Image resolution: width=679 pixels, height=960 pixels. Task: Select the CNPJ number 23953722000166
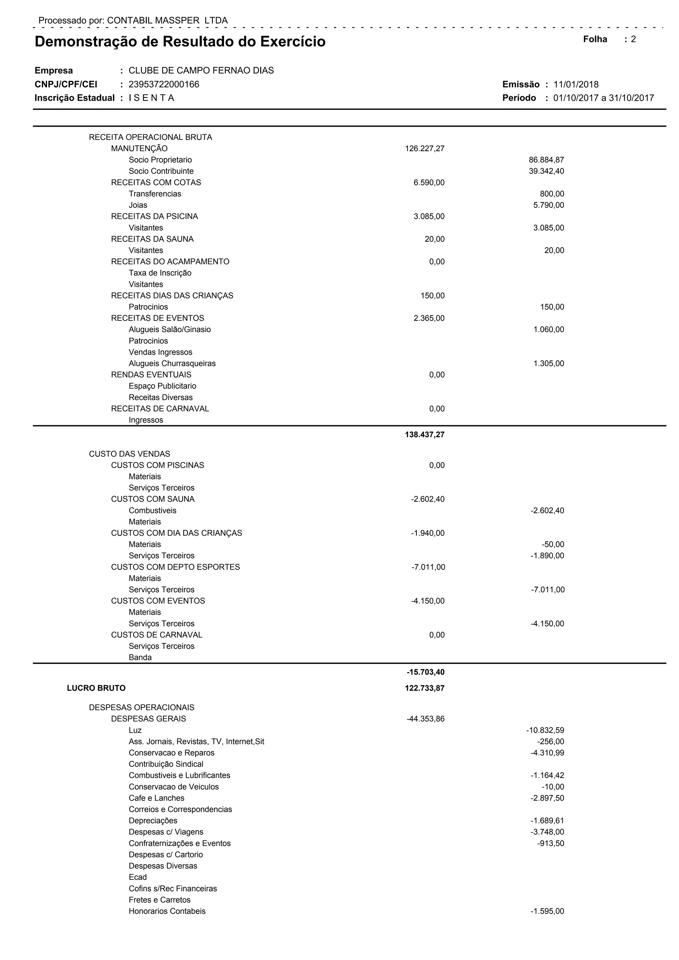coord(164,85)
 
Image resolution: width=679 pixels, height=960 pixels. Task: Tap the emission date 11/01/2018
coord(576,85)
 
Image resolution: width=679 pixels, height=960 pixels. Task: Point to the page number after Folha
coord(634,39)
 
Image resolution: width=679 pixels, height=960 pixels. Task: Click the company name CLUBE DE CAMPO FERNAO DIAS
coord(201,70)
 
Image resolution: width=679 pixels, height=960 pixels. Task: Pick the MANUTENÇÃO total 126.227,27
coord(424,149)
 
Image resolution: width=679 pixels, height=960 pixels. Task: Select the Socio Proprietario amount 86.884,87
coord(546,160)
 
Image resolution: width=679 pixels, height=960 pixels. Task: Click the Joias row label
coord(138,205)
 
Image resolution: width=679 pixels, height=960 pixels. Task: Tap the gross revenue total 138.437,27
coord(424,435)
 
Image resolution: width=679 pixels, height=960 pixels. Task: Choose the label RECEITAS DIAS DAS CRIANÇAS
coord(172,296)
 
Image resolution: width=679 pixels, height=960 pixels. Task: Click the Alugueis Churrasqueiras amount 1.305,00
coord(549,363)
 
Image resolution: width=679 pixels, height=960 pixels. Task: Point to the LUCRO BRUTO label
coord(96,688)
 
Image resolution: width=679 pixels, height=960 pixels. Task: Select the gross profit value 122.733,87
coord(424,688)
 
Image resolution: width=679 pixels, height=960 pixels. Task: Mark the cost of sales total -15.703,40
coord(425,672)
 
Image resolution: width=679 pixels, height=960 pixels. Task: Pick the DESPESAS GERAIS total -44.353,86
coord(425,719)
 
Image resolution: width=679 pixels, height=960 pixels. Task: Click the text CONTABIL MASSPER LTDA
coord(167,21)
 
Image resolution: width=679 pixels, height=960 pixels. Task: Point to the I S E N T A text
coord(152,98)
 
